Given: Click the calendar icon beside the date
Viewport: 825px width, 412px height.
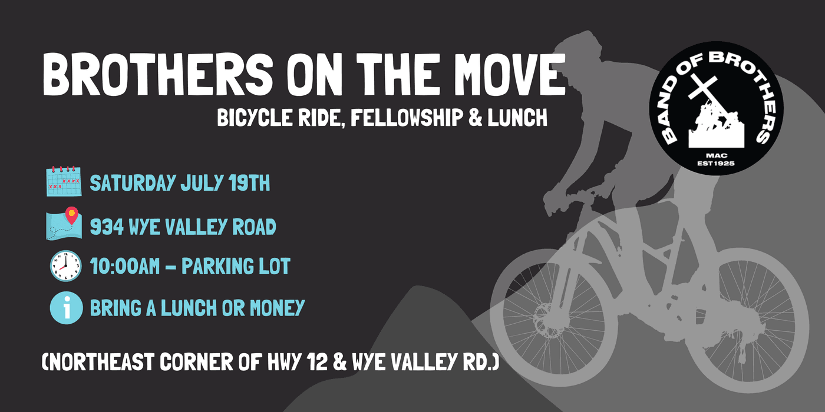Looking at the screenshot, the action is click(64, 181).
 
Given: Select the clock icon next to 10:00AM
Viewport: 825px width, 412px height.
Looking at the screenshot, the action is click(65, 265).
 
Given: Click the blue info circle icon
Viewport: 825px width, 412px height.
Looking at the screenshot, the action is click(66, 308).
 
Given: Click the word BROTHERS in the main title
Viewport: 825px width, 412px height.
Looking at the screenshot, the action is click(158, 75).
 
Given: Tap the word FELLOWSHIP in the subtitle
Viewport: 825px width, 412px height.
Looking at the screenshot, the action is click(407, 118).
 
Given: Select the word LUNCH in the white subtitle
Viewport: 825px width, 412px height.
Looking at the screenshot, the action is click(517, 118).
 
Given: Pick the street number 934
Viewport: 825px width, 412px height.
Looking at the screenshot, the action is click(107, 227).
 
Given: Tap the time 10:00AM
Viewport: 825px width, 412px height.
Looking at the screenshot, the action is click(125, 266).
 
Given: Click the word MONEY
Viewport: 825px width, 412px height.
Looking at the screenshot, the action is click(278, 307).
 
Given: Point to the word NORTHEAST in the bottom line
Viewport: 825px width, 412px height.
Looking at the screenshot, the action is click(101, 362).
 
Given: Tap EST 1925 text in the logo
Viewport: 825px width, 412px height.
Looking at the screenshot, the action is click(715, 164).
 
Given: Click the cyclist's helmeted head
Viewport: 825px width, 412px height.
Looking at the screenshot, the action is click(576, 48).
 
